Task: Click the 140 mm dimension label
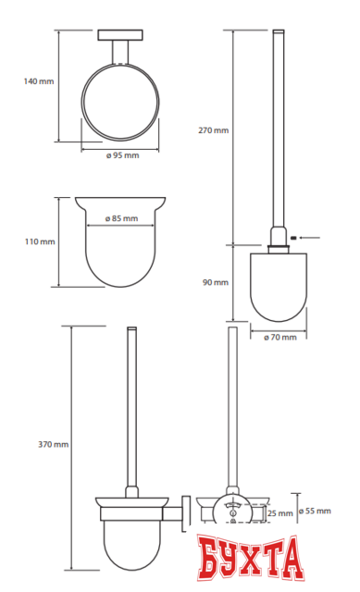pyautogui.click(x=39, y=81)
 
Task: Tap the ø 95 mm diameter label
pyautogui.click(x=122, y=155)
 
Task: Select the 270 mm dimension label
pyautogui.click(x=214, y=130)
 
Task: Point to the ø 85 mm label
pyautogui.click(x=121, y=218)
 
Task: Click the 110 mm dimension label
pyautogui.click(x=40, y=241)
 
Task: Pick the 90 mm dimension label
pyautogui.click(x=216, y=282)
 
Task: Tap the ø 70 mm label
pyautogui.click(x=279, y=337)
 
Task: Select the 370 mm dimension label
pyautogui.click(x=54, y=444)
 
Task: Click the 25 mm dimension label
pyautogui.click(x=279, y=513)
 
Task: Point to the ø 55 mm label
pyautogui.click(x=315, y=511)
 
